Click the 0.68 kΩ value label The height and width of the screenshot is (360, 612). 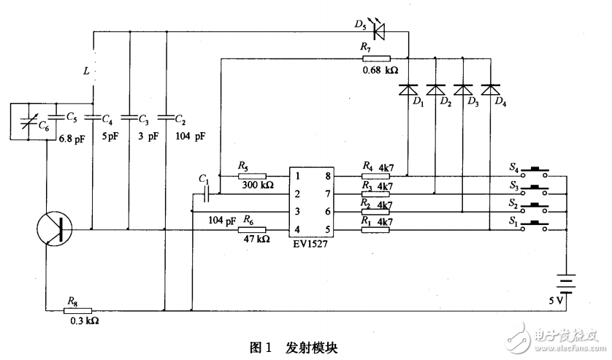click(379, 70)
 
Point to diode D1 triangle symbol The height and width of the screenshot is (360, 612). click(408, 89)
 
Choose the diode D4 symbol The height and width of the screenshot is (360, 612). click(489, 89)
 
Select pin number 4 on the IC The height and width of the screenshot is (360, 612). click(297, 229)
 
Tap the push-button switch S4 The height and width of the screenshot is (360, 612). click(540, 172)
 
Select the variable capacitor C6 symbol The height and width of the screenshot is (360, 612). click(26, 121)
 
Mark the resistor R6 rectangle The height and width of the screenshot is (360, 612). click(252, 229)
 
